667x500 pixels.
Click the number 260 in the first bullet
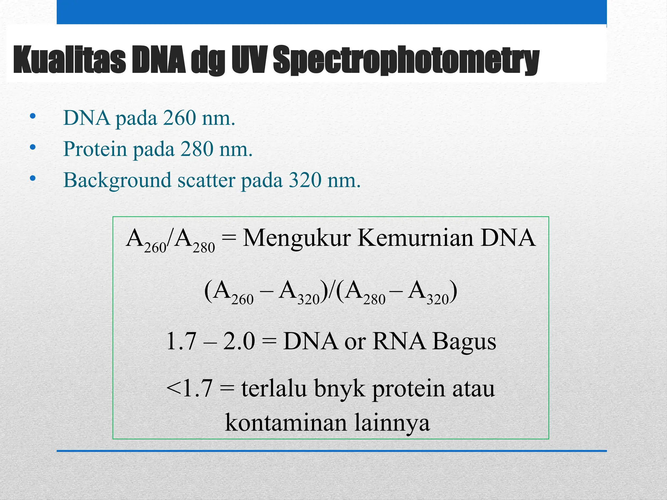[179, 118]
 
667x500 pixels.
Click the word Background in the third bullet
[117, 180]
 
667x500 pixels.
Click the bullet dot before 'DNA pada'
[32, 117]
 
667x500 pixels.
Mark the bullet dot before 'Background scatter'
[32, 178]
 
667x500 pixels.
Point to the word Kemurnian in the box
[415, 238]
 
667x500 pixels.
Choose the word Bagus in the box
[464, 342]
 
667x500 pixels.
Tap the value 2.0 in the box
[239, 341]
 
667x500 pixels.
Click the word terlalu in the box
[274, 388]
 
